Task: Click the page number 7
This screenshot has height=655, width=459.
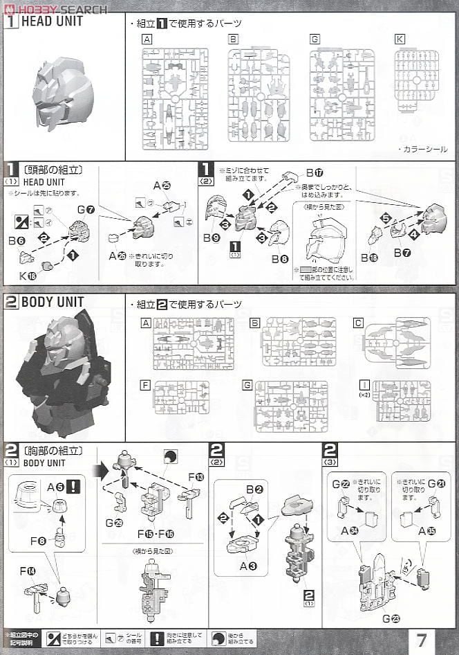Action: point(422,638)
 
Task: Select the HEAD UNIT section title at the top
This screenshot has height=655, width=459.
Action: point(52,21)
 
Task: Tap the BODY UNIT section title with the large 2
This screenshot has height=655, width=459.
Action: point(52,303)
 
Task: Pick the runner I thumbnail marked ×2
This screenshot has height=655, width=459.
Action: point(401,401)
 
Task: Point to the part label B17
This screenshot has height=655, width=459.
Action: point(315,172)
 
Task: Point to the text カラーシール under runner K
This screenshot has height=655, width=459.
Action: point(422,149)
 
